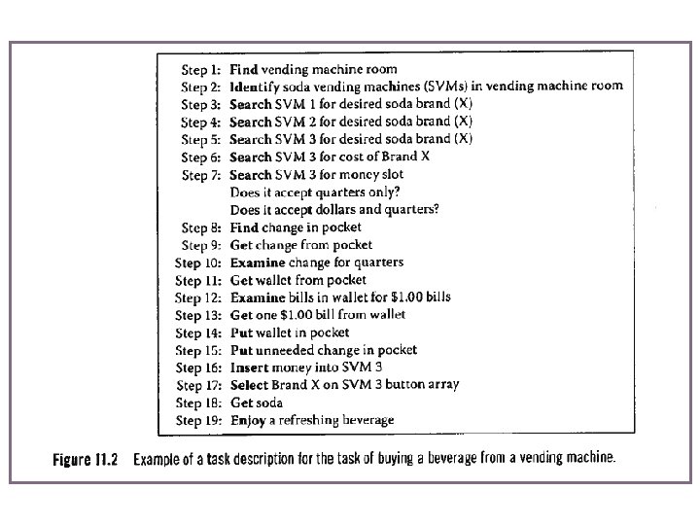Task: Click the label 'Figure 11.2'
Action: coord(85,458)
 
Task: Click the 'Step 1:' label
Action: coord(201,70)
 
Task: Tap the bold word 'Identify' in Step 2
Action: coord(256,87)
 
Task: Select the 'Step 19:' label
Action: coord(200,421)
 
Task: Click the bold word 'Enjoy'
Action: coord(248,420)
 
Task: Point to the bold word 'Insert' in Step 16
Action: coord(250,367)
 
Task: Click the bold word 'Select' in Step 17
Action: coord(250,385)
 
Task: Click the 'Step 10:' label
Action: coord(199,262)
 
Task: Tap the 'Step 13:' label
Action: coord(199,315)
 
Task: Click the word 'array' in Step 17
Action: coord(443,385)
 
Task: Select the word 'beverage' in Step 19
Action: coord(365,420)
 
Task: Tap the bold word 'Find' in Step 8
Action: coord(244,227)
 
